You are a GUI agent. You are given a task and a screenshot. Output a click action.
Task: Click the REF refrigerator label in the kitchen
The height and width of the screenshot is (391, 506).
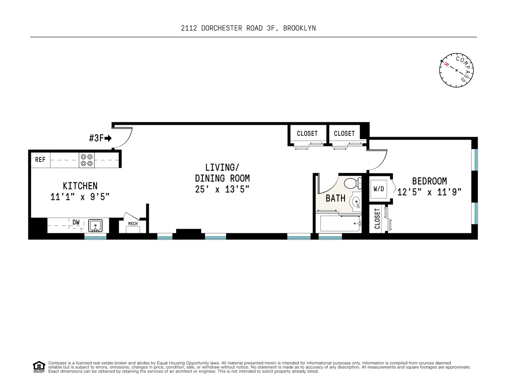click(x=40, y=160)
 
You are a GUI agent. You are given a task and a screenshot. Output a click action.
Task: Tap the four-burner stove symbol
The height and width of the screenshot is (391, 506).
click(x=86, y=160)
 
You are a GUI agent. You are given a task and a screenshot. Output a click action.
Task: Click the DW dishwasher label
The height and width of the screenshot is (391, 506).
click(x=76, y=222)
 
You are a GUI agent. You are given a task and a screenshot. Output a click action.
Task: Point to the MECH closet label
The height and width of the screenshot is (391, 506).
click(x=133, y=224)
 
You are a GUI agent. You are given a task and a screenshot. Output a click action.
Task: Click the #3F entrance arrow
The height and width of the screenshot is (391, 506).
click(x=108, y=138)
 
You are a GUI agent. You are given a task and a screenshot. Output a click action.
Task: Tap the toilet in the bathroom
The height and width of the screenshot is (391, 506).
click(x=351, y=183)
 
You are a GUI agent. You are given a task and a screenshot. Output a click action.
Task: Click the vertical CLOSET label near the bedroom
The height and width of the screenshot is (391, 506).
click(x=377, y=218)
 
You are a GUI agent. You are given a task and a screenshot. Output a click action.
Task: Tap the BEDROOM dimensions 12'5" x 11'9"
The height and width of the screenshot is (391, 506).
click(x=429, y=192)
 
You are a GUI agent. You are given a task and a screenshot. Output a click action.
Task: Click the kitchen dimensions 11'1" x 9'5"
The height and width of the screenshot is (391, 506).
click(x=80, y=197)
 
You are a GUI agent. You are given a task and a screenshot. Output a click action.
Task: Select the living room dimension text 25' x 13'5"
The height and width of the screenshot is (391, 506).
click(x=222, y=189)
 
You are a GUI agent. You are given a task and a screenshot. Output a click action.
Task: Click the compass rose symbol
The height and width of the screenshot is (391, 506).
click(x=457, y=71)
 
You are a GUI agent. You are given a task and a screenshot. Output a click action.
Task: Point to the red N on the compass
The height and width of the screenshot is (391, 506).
click(x=446, y=65)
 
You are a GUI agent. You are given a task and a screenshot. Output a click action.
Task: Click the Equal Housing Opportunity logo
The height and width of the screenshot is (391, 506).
click(x=38, y=367)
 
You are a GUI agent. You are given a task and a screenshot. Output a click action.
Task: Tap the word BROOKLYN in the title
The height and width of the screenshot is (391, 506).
click(x=299, y=28)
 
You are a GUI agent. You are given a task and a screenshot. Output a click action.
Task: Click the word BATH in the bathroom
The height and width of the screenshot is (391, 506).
click(x=336, y=198)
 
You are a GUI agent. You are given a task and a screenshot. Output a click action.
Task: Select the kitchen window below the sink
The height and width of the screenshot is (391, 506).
click(x=95, y=237)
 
